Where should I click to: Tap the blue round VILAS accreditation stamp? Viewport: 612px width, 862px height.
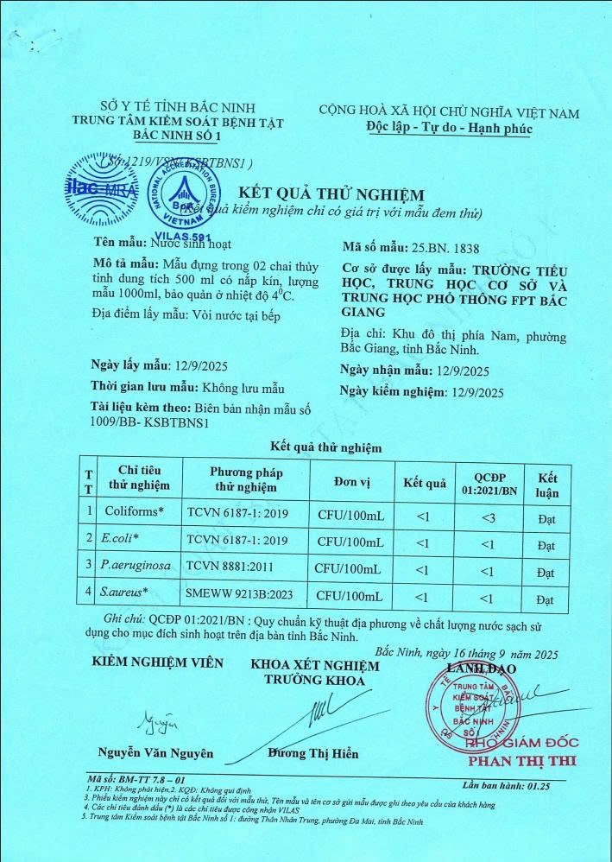pyautogui.click(x=183, y=199)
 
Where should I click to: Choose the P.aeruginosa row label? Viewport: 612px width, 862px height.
pyautogui.click(x=138, y=567)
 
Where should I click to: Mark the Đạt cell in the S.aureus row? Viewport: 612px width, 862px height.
pyautogui.click(x=546, y=599)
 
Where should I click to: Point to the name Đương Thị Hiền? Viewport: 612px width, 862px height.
pyautogui.click(x=312, y=752)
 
